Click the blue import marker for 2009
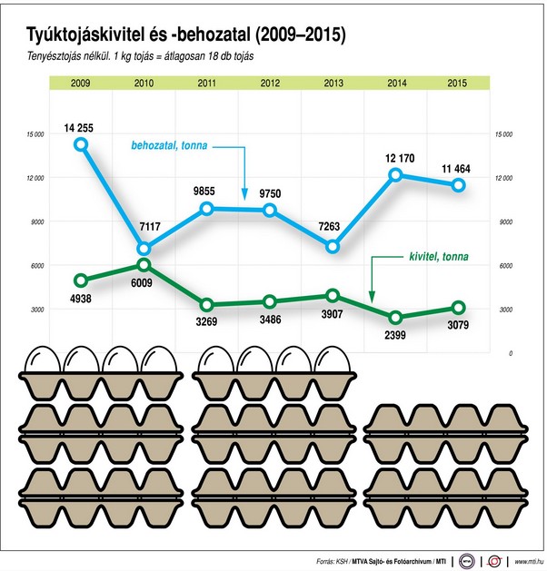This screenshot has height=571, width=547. coord(81,144)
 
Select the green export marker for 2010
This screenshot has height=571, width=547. coord(144,265)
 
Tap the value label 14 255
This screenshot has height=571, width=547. coord(81,126)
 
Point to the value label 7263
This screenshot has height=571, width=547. coord(333,228)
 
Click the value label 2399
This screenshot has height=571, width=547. coord(395,335)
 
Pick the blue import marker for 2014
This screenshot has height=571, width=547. coord(395,175)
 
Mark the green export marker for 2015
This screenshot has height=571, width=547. coord(459,307)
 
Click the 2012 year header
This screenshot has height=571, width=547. coord(270,84)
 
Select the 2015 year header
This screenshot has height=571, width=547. coord(459,84)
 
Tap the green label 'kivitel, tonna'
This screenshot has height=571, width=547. coord(433,257)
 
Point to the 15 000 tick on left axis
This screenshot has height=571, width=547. coord(35,134)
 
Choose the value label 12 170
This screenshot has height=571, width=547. coord(395,158)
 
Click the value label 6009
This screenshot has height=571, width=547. coord(144,282)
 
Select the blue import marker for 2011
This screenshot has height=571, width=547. coord(206,209)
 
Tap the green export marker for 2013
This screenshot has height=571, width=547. coord(333,295)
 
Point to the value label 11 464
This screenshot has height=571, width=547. coord(459,168)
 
